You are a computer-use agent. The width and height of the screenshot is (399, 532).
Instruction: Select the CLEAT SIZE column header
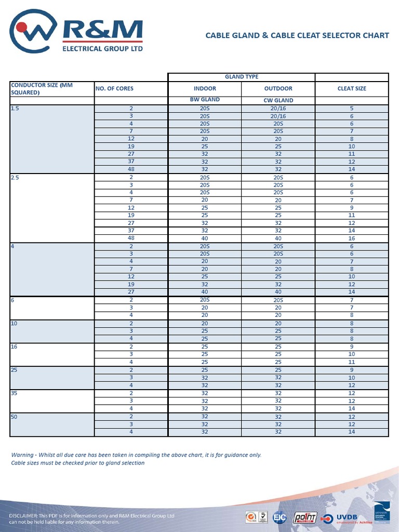[x=352, y=88]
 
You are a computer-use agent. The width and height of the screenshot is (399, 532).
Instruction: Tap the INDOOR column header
[x=205, y=88]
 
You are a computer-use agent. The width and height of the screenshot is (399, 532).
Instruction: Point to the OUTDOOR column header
[x=278, y=88]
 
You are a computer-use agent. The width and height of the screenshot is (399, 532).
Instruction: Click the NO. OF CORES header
[x=114, y=88]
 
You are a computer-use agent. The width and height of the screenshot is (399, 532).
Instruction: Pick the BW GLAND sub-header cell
[x=205, y=100]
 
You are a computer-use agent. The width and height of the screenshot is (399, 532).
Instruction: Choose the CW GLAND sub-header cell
[x=278, y=100]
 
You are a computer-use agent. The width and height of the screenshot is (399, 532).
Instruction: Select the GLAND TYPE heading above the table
[x=242, y=77]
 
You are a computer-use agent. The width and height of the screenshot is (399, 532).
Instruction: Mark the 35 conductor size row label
[x=15, y=393]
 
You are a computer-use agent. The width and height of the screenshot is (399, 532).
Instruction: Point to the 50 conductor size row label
[x=15, y=417]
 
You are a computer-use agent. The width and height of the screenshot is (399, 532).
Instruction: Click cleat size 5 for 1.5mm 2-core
[x=352, y=109]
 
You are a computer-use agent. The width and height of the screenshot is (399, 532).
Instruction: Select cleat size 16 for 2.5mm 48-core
[x=352, y=238]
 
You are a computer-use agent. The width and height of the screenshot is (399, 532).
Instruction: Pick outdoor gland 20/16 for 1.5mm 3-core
[x=278, y=116]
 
